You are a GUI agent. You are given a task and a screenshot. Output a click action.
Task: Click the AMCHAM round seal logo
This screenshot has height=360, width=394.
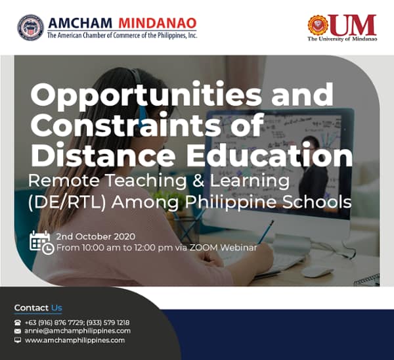pyautogui.click(x=31, y=28)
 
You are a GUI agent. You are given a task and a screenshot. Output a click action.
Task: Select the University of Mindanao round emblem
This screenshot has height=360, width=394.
pyautogui.click(x=318, y=25)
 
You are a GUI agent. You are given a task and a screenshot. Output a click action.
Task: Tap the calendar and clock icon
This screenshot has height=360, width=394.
pyautogui.click(x=41, y=242)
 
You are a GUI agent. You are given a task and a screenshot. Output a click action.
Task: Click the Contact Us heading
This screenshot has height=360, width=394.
pyautogui.click(x=38, y=307)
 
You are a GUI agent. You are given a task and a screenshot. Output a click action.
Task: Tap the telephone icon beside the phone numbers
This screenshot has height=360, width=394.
pyautogui.click(x=17, y=323)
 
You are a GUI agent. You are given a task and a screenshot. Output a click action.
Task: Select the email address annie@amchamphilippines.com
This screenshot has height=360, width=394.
pyautogui.click(x=77, y=331)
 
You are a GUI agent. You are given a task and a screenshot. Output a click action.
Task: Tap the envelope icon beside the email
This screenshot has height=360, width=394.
pyautogui.click(x=17, y=332)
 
